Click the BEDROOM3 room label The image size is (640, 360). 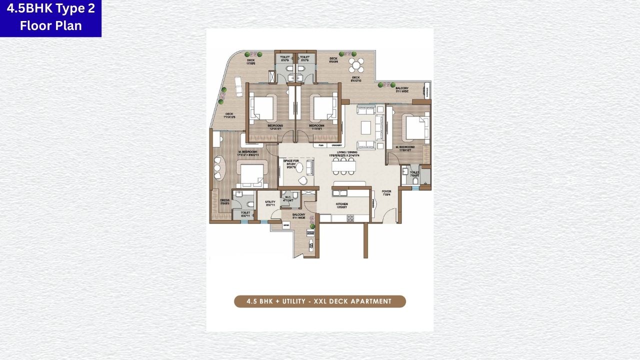[x=275, y=125]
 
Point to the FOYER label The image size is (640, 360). [x=386, y=191]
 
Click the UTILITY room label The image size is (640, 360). [x=270, y=202]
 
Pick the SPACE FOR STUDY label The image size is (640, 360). [x=290, y=162]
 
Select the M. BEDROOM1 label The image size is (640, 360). [x=247, y=152]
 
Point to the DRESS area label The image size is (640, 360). [x=217, y=201]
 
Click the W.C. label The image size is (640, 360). [x=287, y=198]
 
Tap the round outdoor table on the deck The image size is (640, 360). [x=356, y=65]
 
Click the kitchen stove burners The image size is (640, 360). [x=350, y=218]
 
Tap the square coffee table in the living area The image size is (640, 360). [x=366, y=127]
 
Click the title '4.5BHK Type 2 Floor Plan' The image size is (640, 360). [x=50, y=17]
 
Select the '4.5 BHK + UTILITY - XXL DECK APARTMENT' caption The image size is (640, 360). [x=320, y=301]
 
